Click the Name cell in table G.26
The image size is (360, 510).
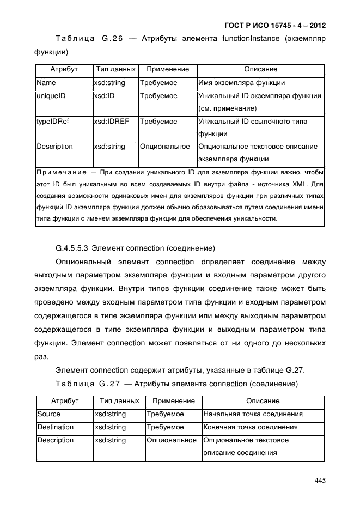point(46,83)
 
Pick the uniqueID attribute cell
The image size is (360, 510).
point(51,96)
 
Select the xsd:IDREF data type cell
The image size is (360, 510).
point(111,122)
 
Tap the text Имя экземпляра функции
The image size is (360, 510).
point(241,83)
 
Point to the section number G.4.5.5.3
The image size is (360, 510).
point(72,249)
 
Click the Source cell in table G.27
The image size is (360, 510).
point(49,414)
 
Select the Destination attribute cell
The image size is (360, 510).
point(55,427)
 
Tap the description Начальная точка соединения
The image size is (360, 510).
point(253,414)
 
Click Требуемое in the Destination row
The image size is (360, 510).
point(166,427)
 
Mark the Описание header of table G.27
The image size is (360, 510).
point(263,401)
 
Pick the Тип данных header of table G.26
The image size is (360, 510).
point(115,70)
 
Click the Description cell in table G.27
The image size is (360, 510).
point(55,440)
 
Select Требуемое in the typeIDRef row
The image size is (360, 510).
point(158,122)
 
